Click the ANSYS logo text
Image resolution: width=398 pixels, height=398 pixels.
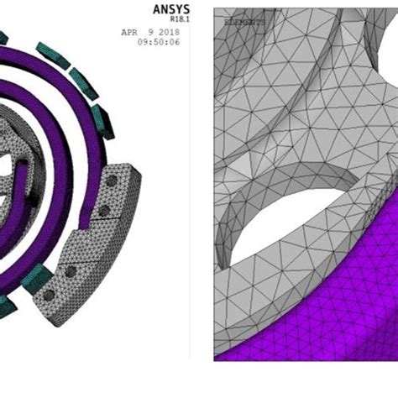pos(170,9)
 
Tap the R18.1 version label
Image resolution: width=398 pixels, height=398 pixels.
pos(175,23)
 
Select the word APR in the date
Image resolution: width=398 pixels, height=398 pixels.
pos(129,34)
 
